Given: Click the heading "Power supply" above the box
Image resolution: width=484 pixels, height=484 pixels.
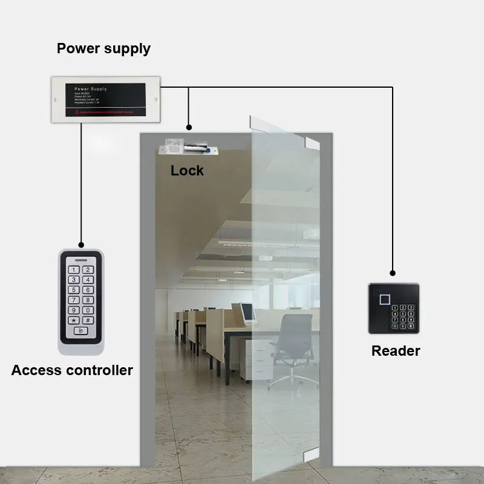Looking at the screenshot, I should tap(103, 48).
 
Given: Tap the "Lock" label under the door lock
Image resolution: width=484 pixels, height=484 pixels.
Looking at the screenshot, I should tap(187, 171).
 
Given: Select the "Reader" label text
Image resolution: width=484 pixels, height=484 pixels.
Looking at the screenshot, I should tap(396, 350).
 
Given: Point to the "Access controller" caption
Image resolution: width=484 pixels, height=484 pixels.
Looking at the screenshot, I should tap(72, 370).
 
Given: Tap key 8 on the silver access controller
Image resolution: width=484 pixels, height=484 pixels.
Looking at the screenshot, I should tap(88, 300).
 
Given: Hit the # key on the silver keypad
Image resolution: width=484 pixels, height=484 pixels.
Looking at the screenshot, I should tap(88, 320).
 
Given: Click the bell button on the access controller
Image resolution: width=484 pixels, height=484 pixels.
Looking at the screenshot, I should tap(81, 331).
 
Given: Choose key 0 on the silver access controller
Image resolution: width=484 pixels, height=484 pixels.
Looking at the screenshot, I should tap(88, 310).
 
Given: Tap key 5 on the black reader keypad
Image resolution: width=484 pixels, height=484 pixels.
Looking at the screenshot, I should tap(403, 313).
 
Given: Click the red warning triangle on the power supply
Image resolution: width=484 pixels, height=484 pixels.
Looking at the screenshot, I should tap(77, 113).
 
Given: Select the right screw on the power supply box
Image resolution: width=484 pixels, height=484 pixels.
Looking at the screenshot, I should tap(155, 99).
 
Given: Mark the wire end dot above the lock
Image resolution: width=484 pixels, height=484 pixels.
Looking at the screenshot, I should tap(189, 128).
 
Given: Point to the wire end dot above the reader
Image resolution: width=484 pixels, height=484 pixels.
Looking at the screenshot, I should tap(393, 273).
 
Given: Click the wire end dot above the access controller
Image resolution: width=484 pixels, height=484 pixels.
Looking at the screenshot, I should tap(81, 244).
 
